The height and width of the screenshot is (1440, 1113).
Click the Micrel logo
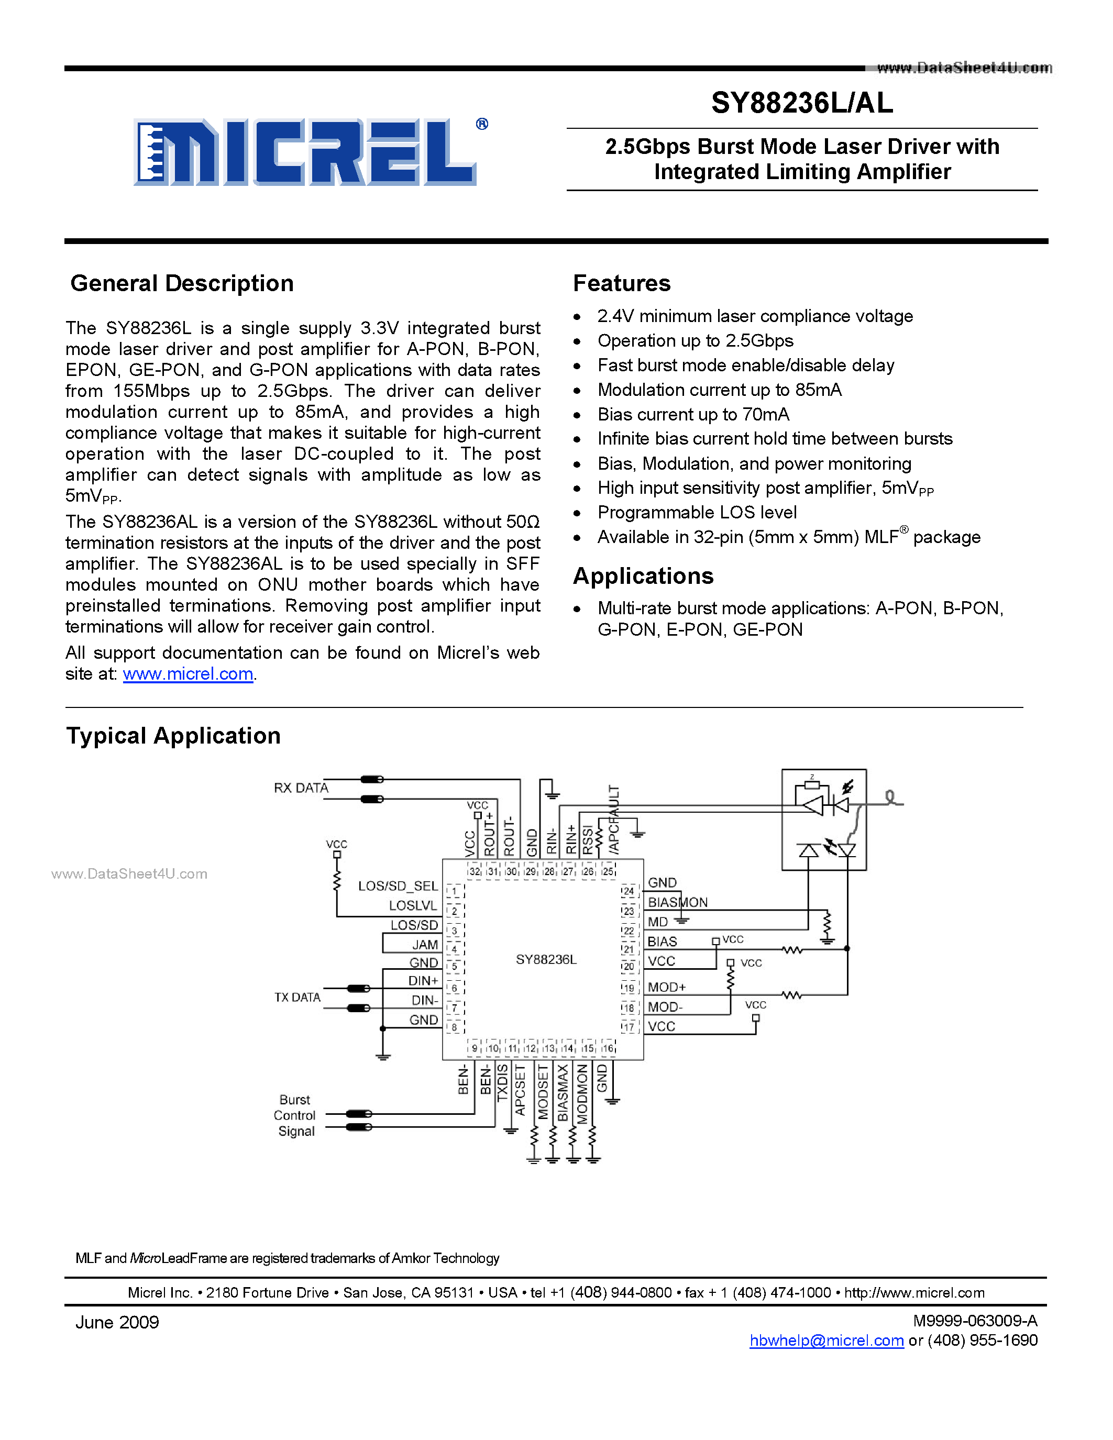(305, 152)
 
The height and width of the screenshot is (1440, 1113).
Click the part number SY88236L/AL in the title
(802, 103)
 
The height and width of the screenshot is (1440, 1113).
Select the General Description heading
(182, 283)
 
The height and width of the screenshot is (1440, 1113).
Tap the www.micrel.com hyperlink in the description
(188, 674)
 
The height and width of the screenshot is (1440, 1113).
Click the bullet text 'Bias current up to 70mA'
(693, 414)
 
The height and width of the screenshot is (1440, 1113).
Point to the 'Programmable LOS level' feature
(697, 512)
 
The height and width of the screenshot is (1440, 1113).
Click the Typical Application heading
(173, 736)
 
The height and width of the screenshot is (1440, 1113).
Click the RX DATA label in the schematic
(301, 788)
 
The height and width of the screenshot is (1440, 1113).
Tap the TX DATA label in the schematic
(297, 998)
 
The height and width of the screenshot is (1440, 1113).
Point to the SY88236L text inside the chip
(546, 959)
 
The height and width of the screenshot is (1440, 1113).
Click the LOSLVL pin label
(413, 906)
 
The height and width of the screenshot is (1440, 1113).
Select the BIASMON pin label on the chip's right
(677, 902)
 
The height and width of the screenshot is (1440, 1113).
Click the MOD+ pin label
(667, 987)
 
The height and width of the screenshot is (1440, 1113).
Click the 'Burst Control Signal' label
(295, 1115)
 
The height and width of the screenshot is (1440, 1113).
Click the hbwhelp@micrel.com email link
(826, 1341)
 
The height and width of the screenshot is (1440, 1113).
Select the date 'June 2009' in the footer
(117, 1323)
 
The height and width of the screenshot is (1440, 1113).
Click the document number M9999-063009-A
(975, 1321)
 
